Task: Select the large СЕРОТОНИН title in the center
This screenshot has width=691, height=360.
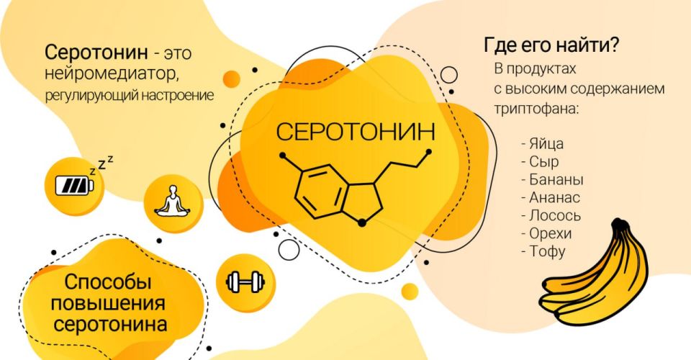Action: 356,132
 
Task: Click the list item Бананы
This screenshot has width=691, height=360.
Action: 551,180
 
